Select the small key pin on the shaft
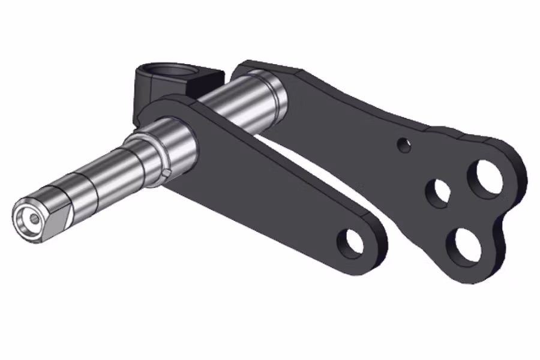pyautogui.click(x=167, y=173)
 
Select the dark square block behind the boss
pyautogui.click(x=207, y=80)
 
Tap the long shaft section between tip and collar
pyautogui.click(x=102, y=180)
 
